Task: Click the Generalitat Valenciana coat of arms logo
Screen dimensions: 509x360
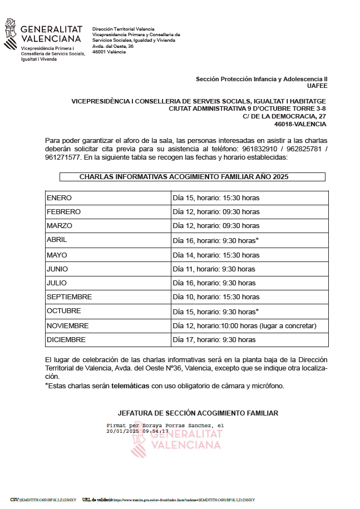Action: tap(11, 34)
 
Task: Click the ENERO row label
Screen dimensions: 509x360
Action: tap(60, 198)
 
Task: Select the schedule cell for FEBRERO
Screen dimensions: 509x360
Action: tap(216, 212)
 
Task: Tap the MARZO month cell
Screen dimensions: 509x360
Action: tap(60, 226)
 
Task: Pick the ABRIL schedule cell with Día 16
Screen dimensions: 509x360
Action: tap(216, 240)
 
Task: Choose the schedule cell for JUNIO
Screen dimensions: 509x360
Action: tap(214, 269)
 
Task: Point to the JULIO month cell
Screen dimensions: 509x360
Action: tap(57, 283)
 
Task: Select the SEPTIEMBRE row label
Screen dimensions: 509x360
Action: tap(70, 297)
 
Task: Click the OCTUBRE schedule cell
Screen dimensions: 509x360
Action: tap(216, 312)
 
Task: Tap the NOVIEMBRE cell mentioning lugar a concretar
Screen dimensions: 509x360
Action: tap(244, 326)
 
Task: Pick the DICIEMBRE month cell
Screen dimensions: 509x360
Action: tap(66, 340)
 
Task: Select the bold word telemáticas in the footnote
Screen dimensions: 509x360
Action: tap(130, 386)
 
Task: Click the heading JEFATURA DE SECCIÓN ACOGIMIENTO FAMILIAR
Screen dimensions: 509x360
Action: tap(198, 413)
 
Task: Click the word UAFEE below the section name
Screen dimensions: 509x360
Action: tap(317, 86)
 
